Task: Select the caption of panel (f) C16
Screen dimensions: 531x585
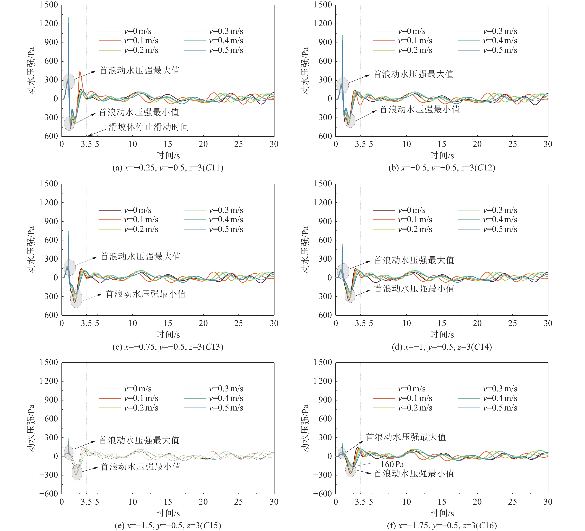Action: point(442,525)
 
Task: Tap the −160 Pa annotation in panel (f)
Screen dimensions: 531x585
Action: point(389,464)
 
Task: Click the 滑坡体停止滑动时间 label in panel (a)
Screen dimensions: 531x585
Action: point(149,127)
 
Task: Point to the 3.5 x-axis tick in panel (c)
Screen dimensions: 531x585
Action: point(86,323)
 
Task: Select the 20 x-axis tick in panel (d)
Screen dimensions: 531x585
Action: point(477,323)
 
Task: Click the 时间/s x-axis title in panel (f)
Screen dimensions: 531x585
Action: point(442,513)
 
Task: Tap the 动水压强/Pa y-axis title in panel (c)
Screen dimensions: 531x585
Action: point(31,250)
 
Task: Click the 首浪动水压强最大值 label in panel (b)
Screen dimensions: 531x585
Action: point(413,74)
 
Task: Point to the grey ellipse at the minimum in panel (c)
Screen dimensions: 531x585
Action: point(76,299)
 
